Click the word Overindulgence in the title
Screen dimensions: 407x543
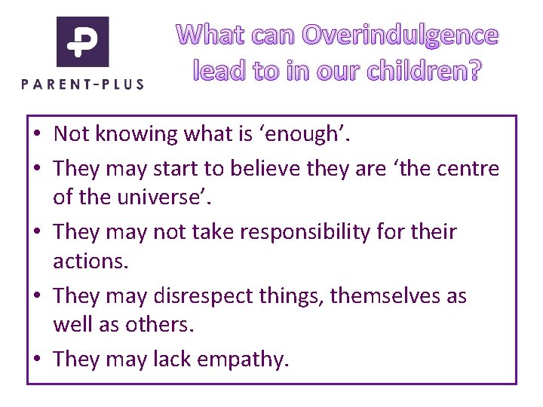click(400, 35)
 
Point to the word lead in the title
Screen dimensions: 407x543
click(217, 72)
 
